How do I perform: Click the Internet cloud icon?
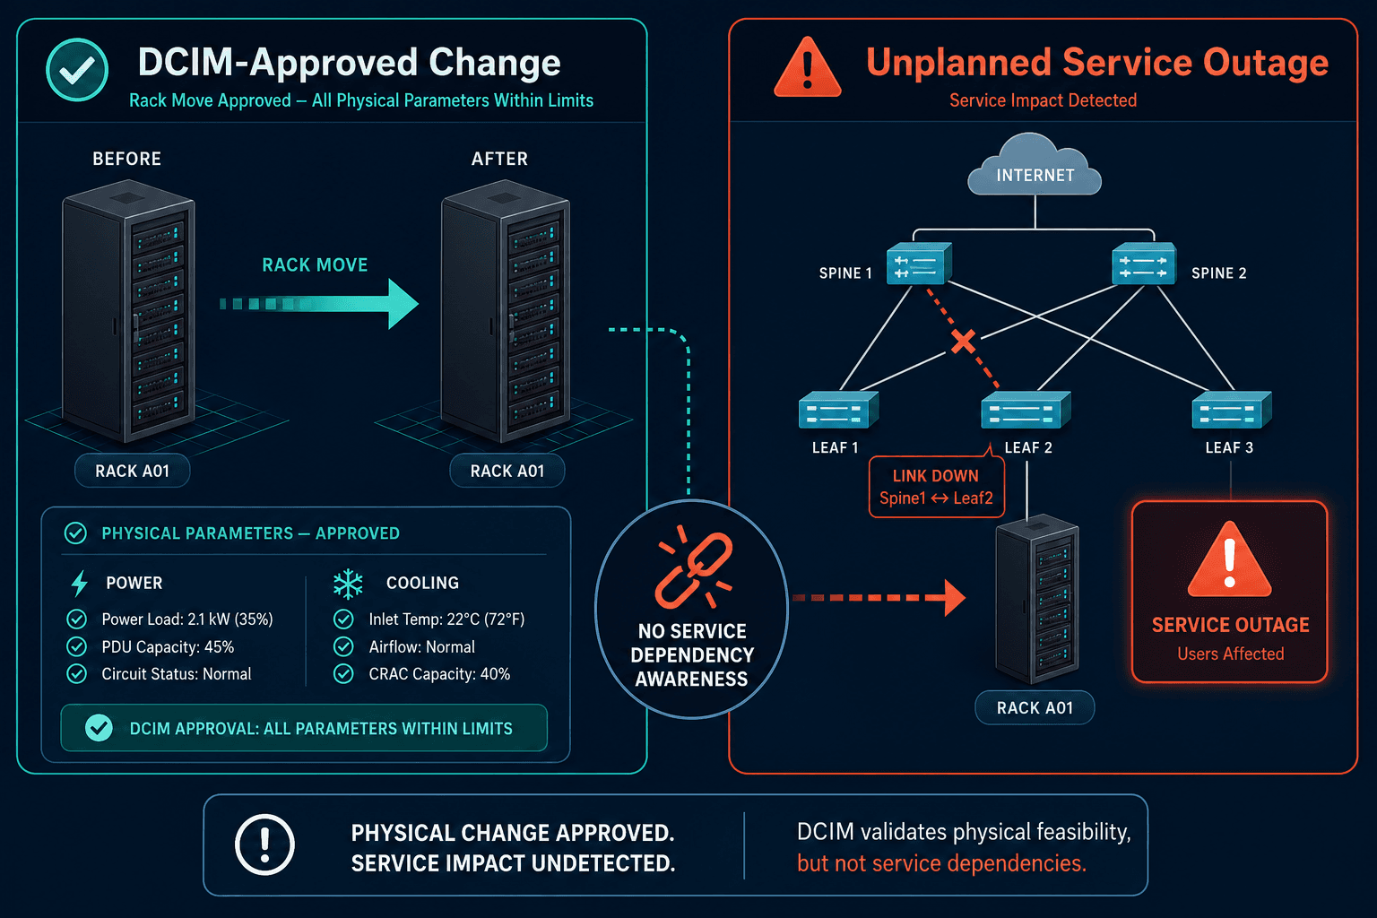click(1035, 165)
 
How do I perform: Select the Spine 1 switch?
click(918, 264)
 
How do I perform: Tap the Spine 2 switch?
click(1143, 264)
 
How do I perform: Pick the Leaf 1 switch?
click(838, 410)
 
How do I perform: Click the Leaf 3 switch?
click(1231, 410)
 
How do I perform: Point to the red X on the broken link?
click(964, 342)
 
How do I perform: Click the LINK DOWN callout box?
click(936, 487)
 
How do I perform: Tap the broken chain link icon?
click(693, 567)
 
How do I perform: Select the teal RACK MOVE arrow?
click(319, 304)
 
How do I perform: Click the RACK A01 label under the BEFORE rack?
click(132, 471)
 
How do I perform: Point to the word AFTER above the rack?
click(499, 159)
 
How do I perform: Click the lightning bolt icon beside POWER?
click(79, 583)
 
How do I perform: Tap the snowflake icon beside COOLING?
click(348, 584)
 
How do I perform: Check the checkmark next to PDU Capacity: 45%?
click(77, 647)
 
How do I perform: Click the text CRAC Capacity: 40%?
click(439, 674)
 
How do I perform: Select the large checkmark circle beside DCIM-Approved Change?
click(77, 70)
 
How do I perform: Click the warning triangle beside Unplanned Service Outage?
click(807, 67)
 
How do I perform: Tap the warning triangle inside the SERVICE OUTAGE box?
click(1229, 561)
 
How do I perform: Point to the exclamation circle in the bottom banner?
click(265, 844)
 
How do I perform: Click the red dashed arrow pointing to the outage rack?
click(879, 598)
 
